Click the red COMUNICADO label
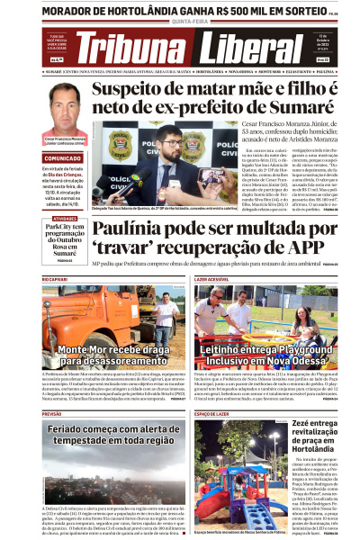tap(63, 157)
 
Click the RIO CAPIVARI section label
tap(56, 281)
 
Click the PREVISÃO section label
tap(52, 413)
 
